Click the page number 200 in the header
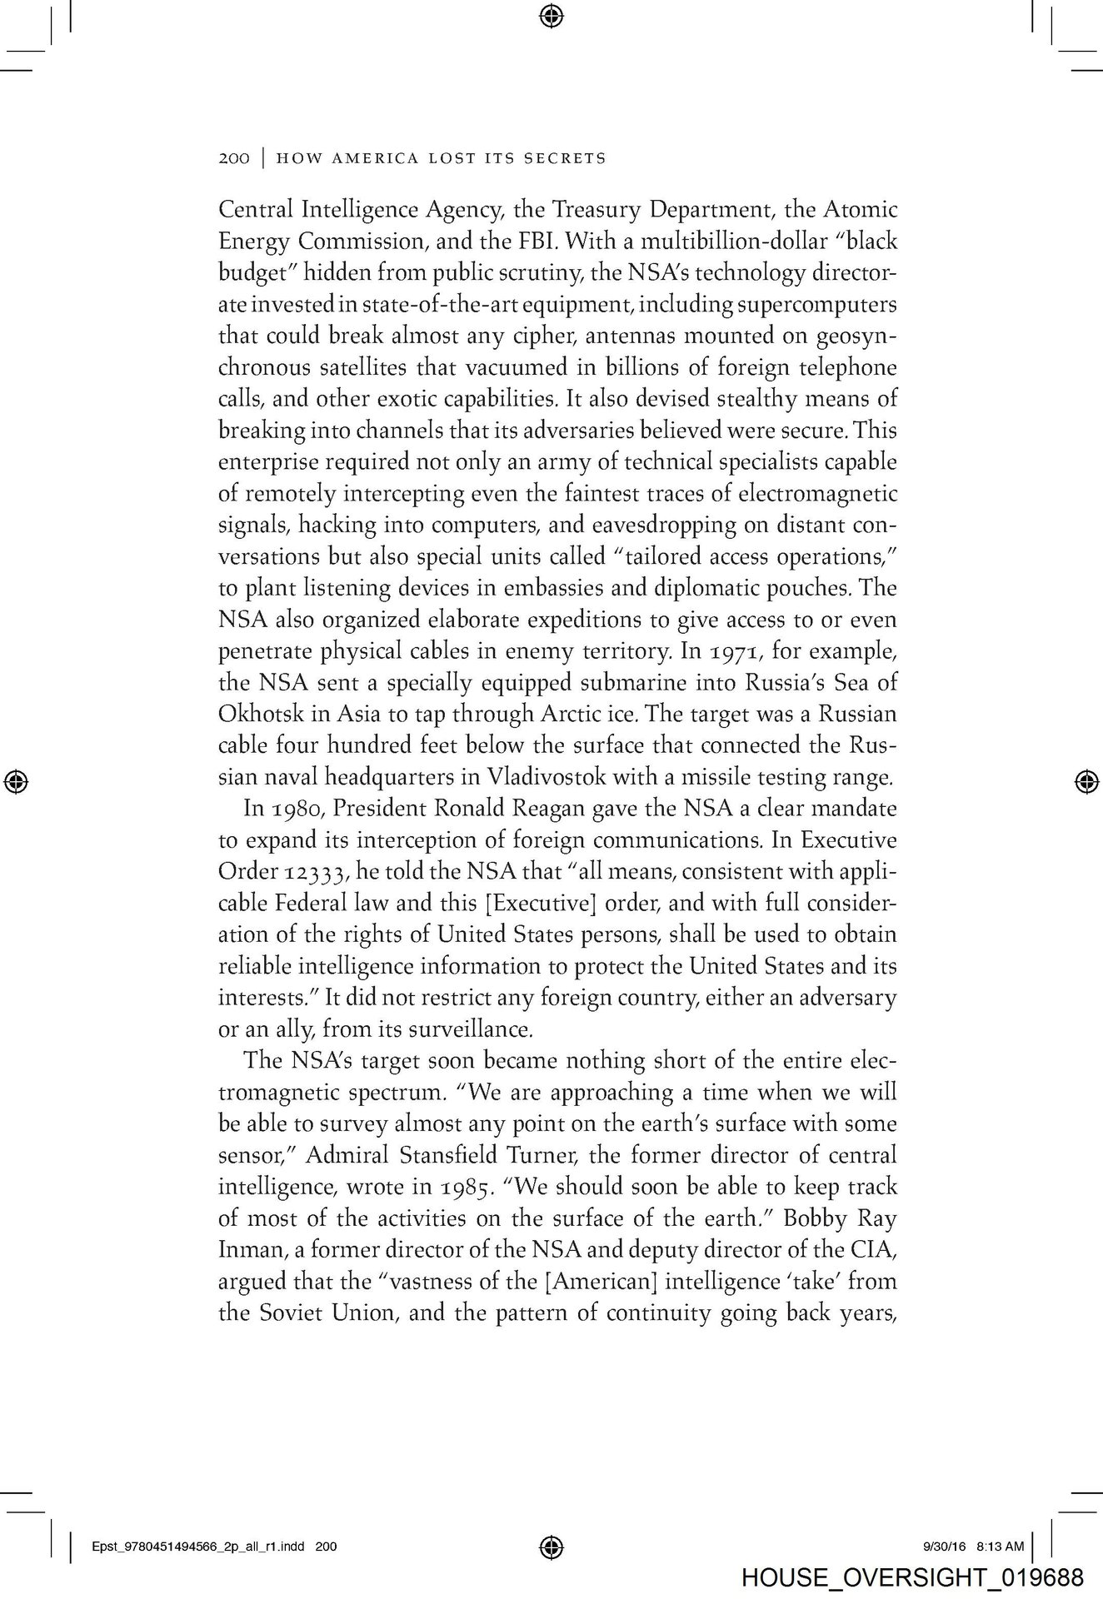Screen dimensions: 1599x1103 pyautogui.click(x=233, y=158)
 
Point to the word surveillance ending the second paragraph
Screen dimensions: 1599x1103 pyautogui.click(x=467, y=1030)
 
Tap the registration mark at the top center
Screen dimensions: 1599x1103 pyautogui.click(x=551, y=15)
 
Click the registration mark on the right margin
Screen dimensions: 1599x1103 pyautogui.click(x=1085, y=781)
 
